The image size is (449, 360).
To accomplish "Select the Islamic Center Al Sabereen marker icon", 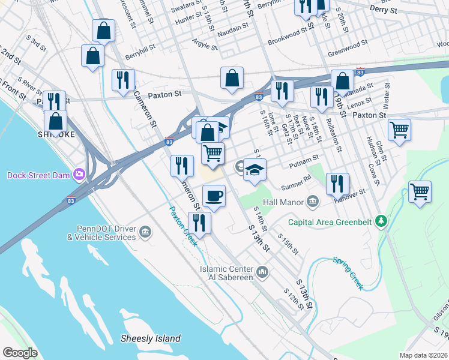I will point(262,274).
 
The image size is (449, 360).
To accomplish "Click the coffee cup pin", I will point(214,195).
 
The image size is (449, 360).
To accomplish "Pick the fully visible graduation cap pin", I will point(255,169).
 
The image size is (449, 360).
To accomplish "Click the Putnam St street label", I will point(304,160).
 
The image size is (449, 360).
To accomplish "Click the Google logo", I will point(20,352).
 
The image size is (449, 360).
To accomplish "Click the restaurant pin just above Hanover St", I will point(338,184).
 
